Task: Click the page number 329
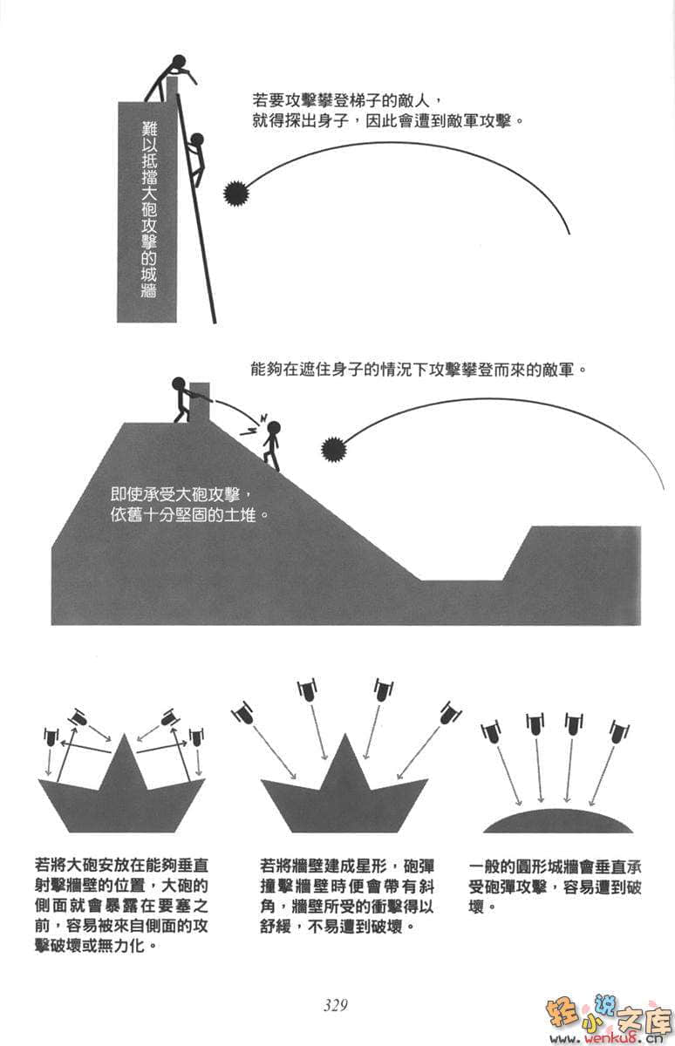(336, 1002)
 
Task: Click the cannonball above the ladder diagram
(235, 193)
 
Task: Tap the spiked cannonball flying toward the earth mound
(334, 449)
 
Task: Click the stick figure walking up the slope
(271, 445)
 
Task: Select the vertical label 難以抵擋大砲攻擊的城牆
(149, 209)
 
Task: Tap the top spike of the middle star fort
(345, 735)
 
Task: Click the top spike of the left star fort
(124, 736)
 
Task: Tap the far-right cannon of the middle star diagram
(450, 714)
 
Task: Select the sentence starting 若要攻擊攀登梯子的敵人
(388, 112)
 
